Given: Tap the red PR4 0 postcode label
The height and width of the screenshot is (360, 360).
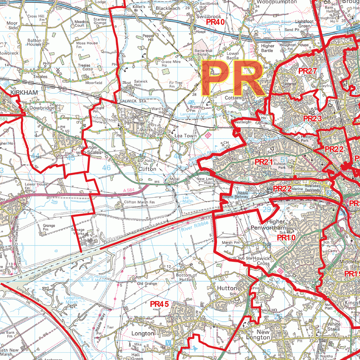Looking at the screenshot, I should click(215, 22).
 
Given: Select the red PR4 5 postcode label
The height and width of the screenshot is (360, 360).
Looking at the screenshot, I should click(160, 304).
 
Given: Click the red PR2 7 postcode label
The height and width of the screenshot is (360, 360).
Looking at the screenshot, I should click(308, 71).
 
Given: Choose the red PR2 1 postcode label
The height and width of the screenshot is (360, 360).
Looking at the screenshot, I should click(264, 162).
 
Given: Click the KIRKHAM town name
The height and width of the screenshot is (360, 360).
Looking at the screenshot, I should click(24, 92).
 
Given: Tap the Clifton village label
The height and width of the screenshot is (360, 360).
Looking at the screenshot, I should click(147, 169).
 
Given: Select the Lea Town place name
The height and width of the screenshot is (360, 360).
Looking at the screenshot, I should click(186, 135).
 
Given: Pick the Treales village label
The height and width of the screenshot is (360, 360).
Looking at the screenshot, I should click(40, 76).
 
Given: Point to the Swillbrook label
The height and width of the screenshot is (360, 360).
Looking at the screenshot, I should click(208, 17).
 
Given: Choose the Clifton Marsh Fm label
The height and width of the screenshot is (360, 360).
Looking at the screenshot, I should click(139, 202).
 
